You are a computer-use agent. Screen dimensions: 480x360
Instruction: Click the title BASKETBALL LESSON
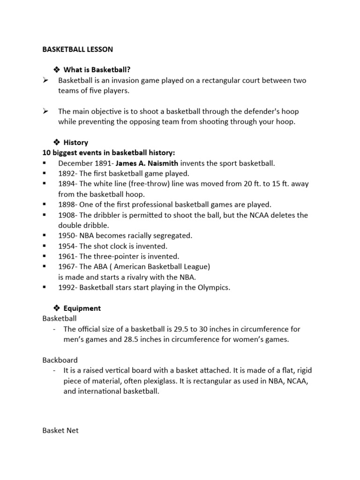pos(77,49)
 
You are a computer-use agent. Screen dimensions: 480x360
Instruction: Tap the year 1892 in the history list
pos(66,173)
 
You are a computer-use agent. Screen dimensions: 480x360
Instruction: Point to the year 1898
pos(66,204)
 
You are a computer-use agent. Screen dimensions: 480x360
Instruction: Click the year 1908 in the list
pos(66,215)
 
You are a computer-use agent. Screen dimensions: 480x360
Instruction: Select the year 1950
pos(66,236)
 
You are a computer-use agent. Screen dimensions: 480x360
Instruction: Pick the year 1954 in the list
pos(66,246)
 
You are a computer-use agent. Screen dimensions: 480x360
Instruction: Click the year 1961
pos(66,256)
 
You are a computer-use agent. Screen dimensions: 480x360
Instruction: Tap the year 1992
pos(66,287)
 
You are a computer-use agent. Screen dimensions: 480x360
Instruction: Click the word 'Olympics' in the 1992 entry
pos(214,287)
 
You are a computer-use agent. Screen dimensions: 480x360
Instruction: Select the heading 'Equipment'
pos(82,308)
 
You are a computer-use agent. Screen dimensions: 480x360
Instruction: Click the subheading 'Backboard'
pos(60,360)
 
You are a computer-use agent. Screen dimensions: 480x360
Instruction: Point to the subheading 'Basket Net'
pos(60,430)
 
